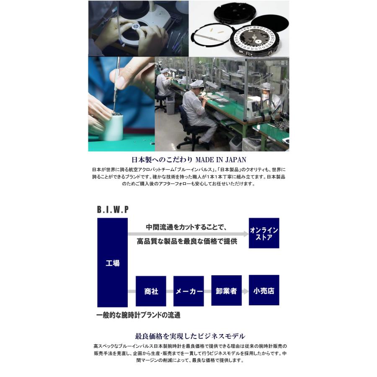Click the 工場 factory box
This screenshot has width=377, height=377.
tap(112, 263)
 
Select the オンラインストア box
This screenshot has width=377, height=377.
tap(264, 233)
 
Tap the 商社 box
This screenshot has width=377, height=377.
tap(151, 291)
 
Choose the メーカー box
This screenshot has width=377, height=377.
tap(188, 291)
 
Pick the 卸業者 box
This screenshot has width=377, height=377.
tap(226, 291)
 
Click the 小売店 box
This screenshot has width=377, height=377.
tap(264, 290)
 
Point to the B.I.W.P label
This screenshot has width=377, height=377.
tap(113, 209)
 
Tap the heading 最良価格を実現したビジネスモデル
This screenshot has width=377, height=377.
tap(190, 336)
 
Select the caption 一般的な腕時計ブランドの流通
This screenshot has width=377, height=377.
tap(139, 315)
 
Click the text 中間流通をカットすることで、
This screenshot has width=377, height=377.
tap(186, 227)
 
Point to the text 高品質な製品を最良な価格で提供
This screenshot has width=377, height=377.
tap(187, 241)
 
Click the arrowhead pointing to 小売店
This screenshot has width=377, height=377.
tap(245, 291)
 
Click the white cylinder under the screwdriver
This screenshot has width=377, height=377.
tap(111, 128)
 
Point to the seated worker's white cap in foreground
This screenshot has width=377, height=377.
tap(196, 84)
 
